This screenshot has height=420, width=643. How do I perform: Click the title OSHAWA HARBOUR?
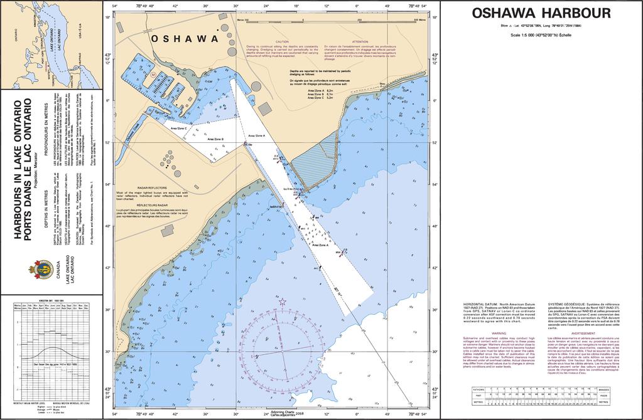541,13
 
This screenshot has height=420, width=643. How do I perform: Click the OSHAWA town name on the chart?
185,39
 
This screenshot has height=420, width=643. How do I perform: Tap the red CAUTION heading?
282,41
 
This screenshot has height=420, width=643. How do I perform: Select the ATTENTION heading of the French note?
360,41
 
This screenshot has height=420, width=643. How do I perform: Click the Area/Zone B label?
215,139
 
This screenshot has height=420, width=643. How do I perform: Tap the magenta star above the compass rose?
282,302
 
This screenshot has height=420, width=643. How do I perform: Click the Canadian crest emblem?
41,270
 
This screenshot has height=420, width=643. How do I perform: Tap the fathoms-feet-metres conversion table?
541,396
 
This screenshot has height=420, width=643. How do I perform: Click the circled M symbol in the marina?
153,74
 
